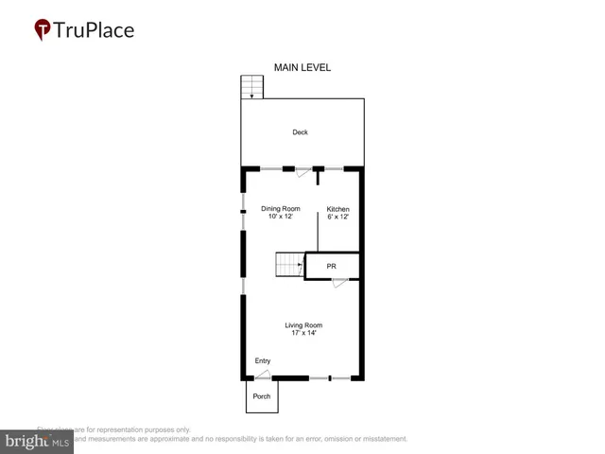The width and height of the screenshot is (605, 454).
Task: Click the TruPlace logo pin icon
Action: tap(43, 30)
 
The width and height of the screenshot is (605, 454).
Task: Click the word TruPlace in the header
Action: tap(94, 29)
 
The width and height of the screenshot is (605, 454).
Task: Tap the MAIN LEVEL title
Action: tap(302, 67)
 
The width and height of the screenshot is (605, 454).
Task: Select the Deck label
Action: tap(300, 132)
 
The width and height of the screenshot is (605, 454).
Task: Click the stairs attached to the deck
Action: tap(251, 87)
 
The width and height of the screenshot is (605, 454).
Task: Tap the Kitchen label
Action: tap(338, 209)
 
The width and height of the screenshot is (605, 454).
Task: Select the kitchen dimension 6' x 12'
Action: tap(338, 218)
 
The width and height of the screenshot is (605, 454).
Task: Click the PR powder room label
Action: tap(332, 267)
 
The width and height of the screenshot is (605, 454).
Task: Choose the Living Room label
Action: tap(303, 325)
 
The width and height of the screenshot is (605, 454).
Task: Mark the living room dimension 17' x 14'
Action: tap(303, 333)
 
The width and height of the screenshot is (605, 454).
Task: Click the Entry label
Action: tap(263, 361)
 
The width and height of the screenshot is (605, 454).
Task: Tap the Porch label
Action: tap(262, 396)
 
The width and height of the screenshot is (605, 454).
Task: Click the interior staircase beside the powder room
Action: tap(288, 265)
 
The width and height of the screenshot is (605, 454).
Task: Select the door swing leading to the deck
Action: tap(302, 173)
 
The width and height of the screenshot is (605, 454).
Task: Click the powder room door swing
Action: tap(339, 283)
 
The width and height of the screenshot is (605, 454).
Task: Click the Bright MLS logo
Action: tap(37, 442)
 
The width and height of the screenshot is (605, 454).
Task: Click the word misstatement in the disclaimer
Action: tap(380, 439)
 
